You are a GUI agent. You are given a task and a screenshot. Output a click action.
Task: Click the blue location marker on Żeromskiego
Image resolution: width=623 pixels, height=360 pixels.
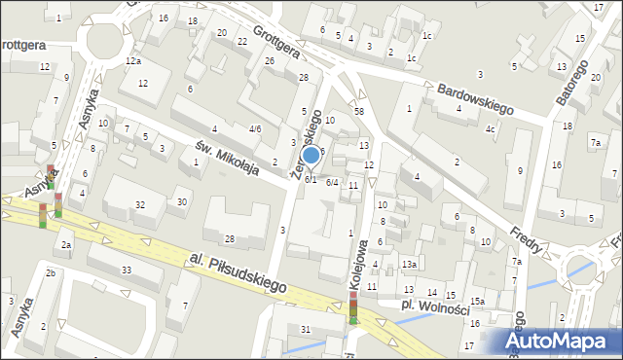(x=311, y=154)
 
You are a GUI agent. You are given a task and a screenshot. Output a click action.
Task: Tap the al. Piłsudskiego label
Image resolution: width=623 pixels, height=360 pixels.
(x=238, y=273)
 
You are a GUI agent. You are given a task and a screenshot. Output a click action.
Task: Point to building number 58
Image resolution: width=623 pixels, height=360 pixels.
(x=359, y=112)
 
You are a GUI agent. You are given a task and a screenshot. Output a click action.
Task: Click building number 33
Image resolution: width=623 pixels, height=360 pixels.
(x=127, y=270)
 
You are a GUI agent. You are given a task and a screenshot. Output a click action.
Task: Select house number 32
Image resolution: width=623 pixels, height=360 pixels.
(x=140, y=204)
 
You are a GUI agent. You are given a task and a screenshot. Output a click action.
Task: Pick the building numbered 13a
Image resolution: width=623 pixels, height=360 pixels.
(x=410, y=265)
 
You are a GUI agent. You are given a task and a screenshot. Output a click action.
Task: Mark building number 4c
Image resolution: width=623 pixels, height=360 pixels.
(x=492, y=129)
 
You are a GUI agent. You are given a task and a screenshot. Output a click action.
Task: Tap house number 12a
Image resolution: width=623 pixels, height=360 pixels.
(x=133, y=60)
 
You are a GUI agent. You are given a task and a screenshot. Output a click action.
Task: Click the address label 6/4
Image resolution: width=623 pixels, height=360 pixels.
(x=332, y=182)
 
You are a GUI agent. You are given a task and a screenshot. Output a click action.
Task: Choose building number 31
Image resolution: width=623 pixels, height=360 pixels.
(x=306, y=329)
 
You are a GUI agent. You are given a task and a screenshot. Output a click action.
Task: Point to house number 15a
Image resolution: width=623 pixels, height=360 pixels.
(x=476, y=302)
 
